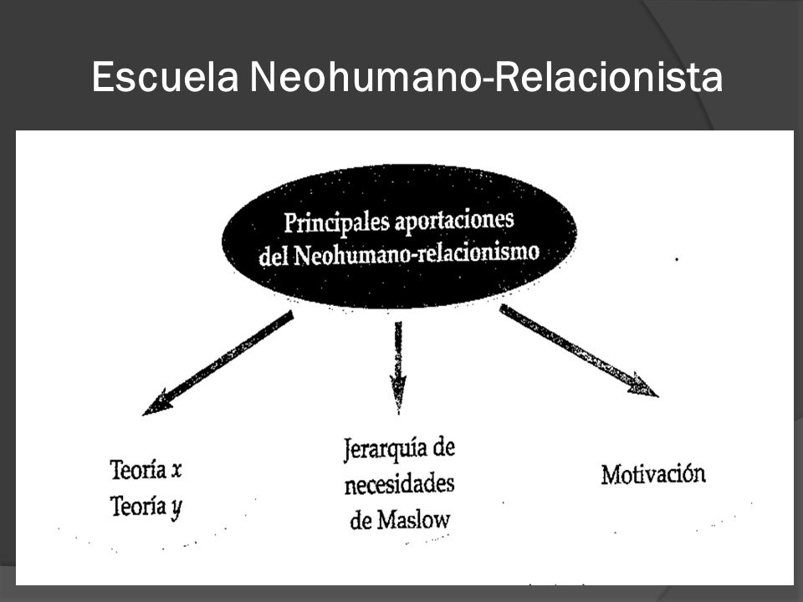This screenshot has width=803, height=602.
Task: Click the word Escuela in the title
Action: tap(166, 77)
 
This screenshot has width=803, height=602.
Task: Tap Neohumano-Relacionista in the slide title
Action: tap(486, 77)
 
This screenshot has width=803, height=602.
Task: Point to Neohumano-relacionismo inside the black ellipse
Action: tap(417, 253)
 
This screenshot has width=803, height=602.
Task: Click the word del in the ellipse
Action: tap(274, 256)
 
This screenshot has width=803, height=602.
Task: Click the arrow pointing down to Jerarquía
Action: tap(398, 368)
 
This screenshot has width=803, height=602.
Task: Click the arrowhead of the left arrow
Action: tap(156, 403)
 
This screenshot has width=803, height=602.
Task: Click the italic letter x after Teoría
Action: tap(176, 471)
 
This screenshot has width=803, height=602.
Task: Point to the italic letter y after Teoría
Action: tap(176, 509)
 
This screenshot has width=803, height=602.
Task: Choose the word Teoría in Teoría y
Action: tap(138, 507)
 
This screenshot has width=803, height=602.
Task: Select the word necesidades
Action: tap(400, 484)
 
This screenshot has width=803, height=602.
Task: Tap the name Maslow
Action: tap(413, 520)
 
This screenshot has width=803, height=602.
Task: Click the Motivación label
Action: tap(653, 473)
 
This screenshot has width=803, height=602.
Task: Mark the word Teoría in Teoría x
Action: tap(138, 469)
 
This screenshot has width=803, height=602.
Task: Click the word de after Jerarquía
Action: tap(443, 447)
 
